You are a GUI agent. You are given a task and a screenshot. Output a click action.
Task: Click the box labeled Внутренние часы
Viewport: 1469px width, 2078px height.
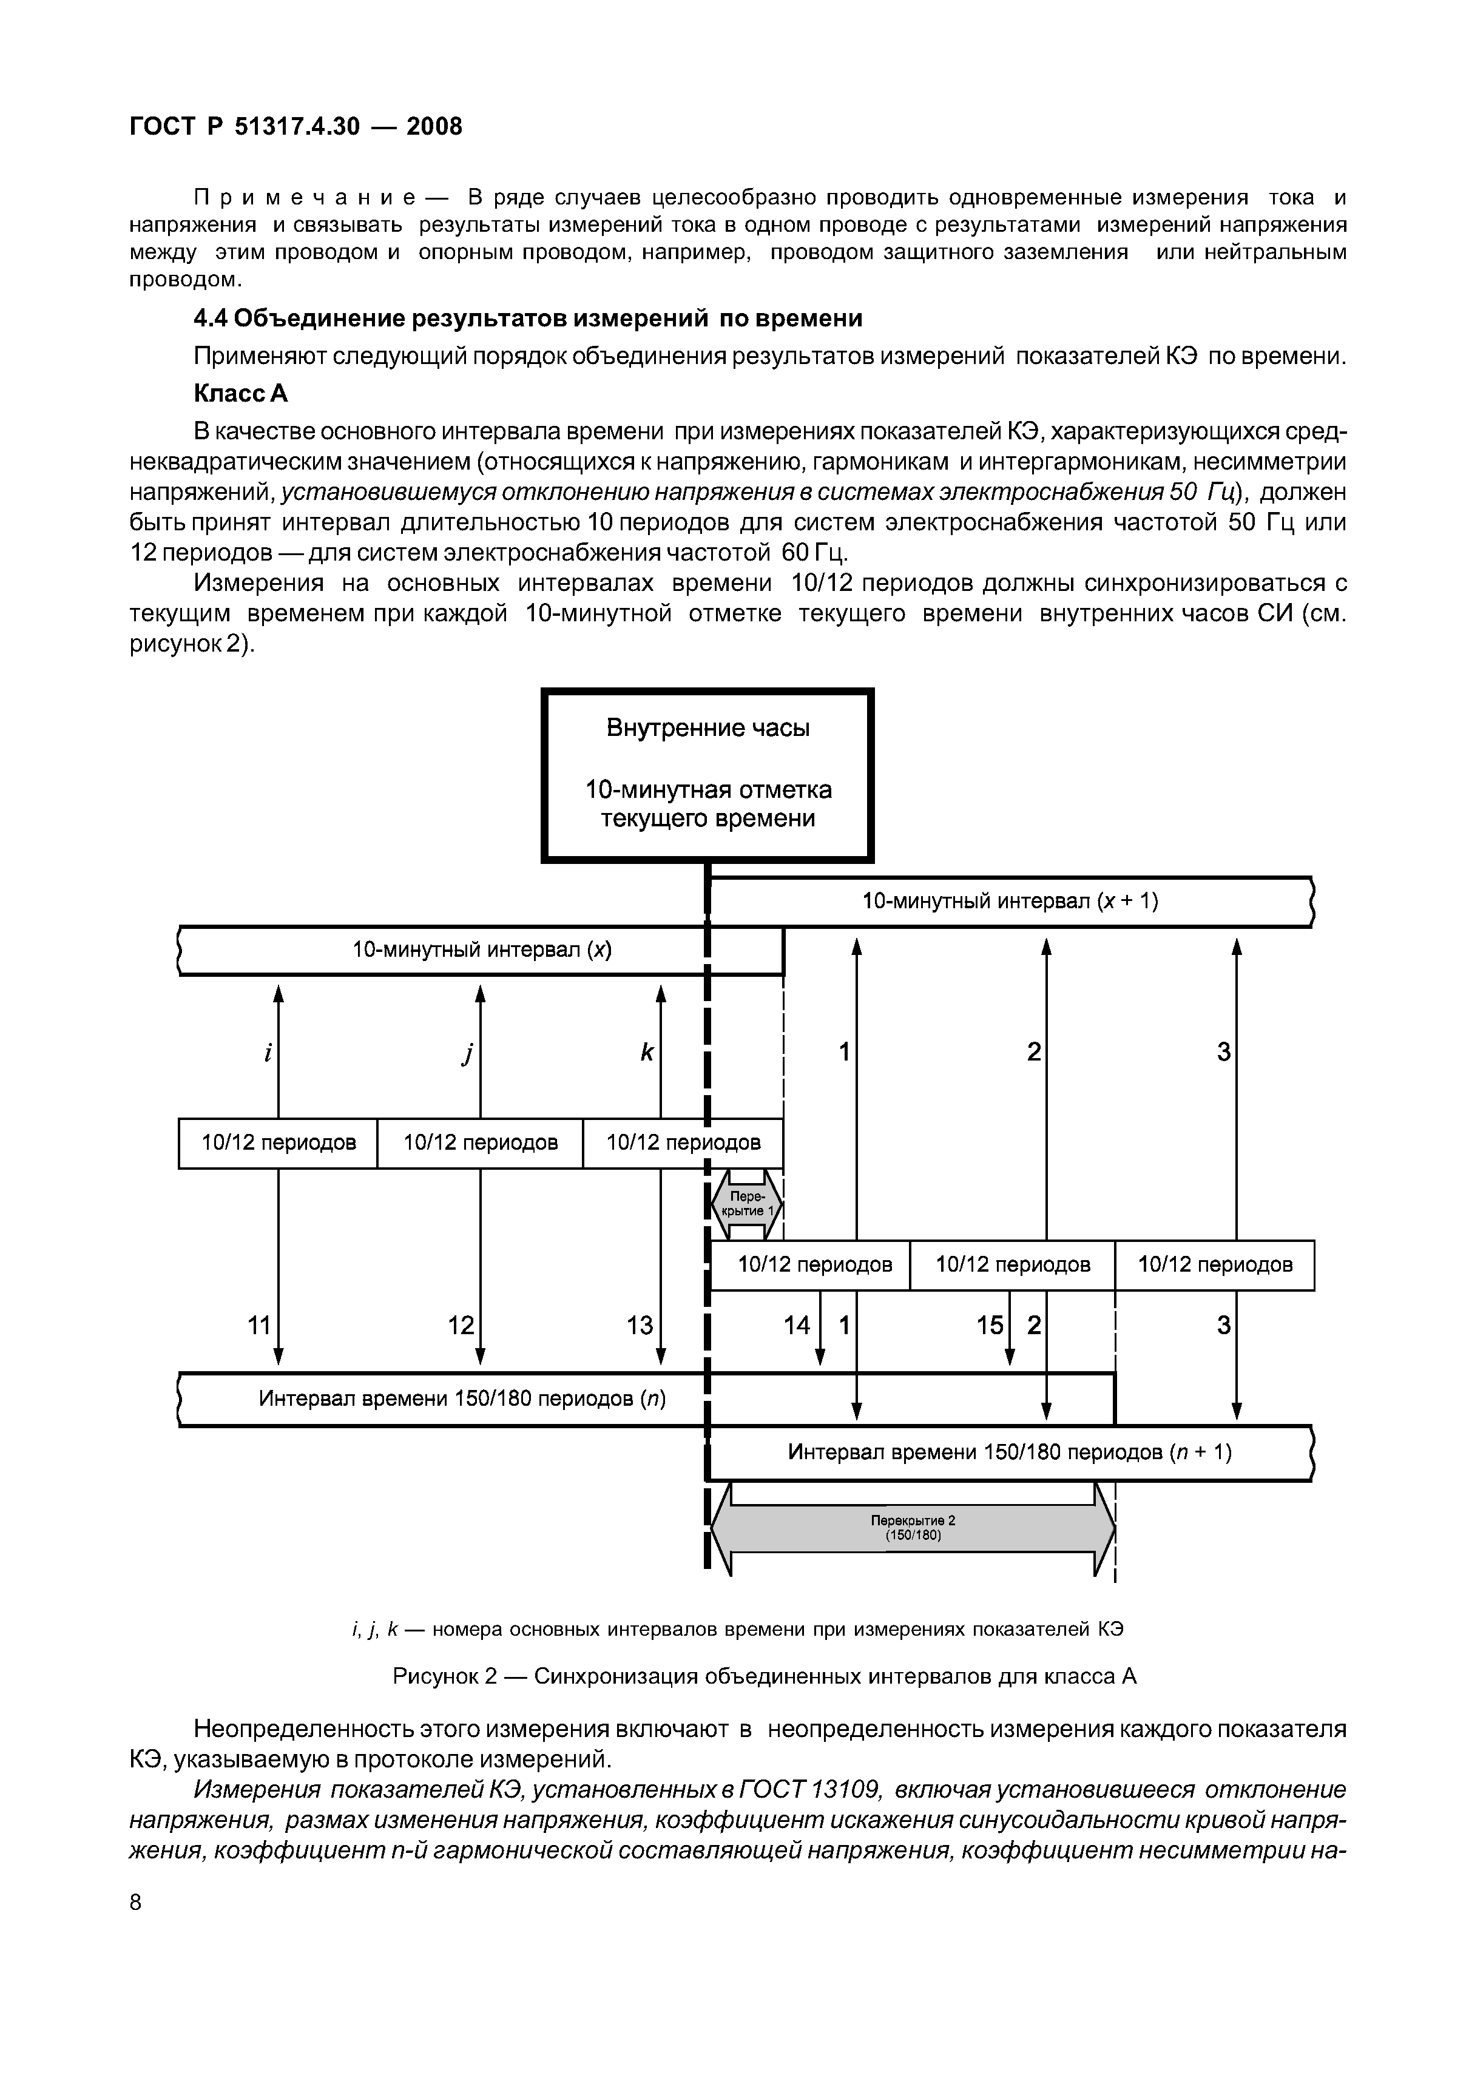(x=707, y=775)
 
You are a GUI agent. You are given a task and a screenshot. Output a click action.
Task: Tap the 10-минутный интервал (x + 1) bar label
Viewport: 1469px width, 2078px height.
(x=1009, y=902)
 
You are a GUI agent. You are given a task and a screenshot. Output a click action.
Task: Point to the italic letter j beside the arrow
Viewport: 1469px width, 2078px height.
(x=468, y=1053)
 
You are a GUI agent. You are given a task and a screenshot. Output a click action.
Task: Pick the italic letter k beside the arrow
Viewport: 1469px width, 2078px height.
(x=646, y=1053)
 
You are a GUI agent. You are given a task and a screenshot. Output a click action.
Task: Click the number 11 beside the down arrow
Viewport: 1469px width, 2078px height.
(x=259, y=1326)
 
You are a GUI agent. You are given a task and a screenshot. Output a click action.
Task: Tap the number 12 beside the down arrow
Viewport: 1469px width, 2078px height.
(x=461, y=1326)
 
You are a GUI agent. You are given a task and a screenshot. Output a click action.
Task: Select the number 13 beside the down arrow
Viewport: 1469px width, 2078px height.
(x=640, y=1326)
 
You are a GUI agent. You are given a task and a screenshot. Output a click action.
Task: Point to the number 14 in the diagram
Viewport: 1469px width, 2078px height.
(x=797, y=1326)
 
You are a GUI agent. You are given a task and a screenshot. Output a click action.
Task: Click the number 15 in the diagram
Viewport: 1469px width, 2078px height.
(x=989, y=1326)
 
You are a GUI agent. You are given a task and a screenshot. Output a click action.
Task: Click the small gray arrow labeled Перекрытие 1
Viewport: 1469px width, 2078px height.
(x=746, y=1204)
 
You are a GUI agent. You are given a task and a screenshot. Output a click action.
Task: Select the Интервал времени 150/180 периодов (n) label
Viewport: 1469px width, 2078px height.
(x=462, y=1399)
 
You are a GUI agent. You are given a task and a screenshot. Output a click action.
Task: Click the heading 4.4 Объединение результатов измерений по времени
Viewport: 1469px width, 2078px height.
(x=528, y=319)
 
